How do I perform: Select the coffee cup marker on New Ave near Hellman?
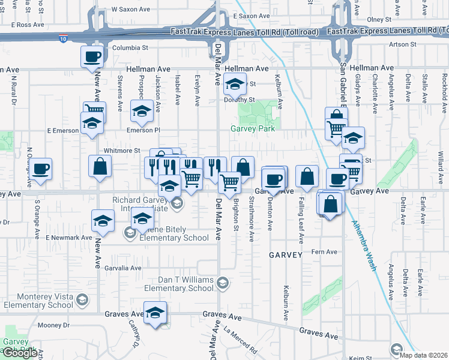click(92, 58)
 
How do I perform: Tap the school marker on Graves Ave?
click(155, 313)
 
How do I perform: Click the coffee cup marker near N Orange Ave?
click(41, 169)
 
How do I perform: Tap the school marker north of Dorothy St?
click(235, 85)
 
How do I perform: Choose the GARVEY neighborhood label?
click(286, 254)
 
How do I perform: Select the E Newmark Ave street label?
click(69, 238)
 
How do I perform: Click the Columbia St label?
click(130, 47)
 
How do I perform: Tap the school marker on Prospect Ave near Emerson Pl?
click(142, 111)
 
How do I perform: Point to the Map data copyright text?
click(425, 355)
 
